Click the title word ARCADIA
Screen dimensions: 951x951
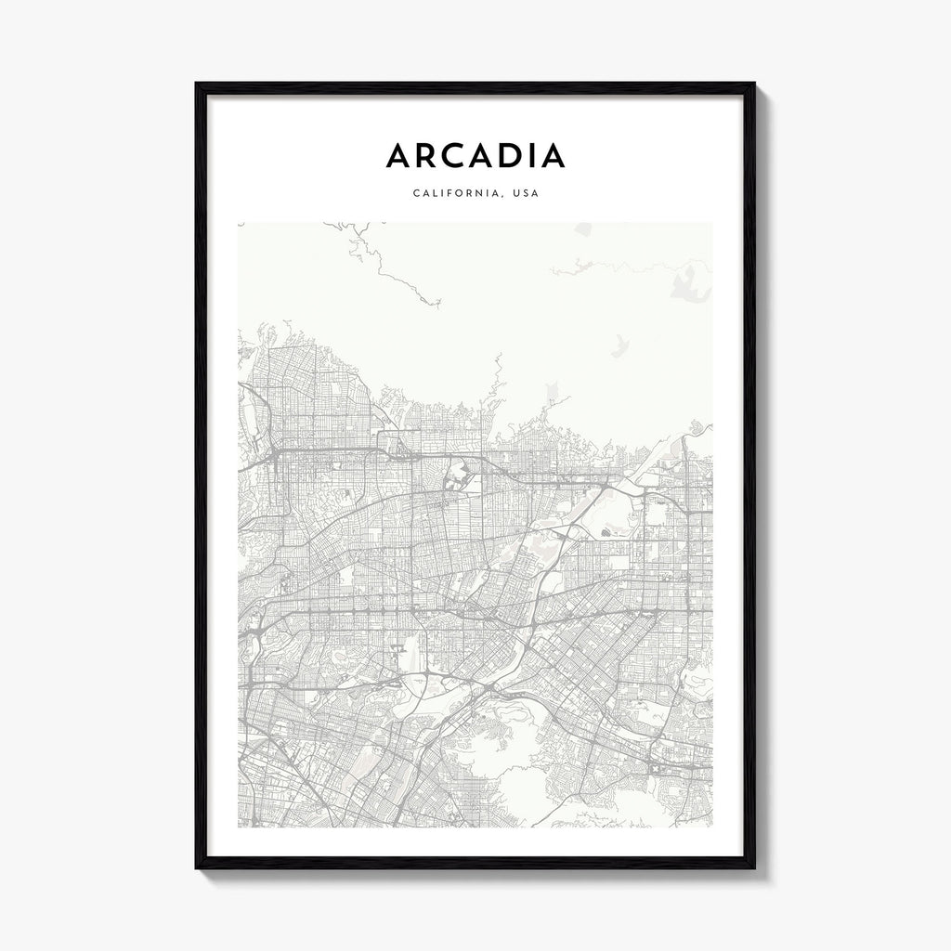(x=475, y=156)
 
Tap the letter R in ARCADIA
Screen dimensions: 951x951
(x=430, y=156)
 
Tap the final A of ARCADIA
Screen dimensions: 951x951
(x=554, y=156)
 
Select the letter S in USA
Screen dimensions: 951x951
(x=528, y=194)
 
